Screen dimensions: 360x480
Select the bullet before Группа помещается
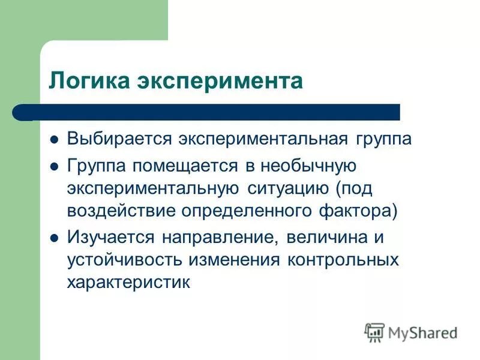53,165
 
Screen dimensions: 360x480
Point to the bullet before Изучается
53,237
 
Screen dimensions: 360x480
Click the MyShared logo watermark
411,331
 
